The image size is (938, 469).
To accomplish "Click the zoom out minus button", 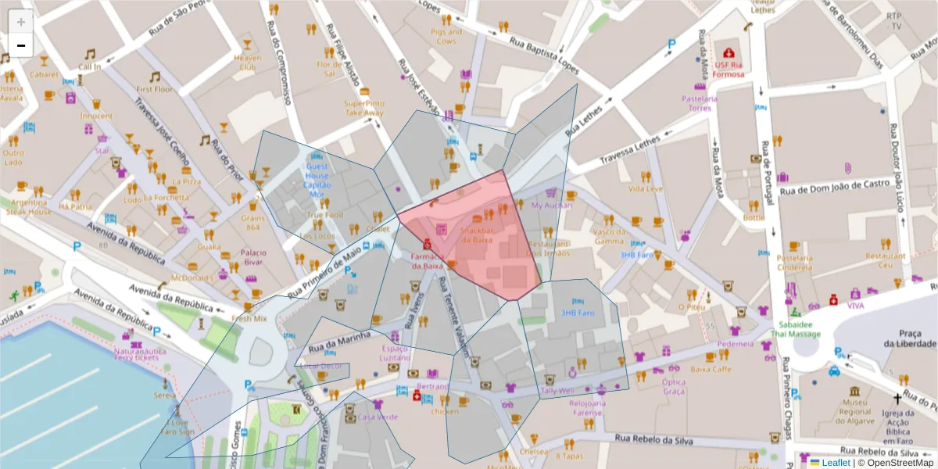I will click(x=21, y=46).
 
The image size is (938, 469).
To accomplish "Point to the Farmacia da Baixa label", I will click(x=428, y=260).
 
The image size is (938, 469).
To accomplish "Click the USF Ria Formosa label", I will click(x=727, y=70).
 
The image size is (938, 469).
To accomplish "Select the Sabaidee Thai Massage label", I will click(x=798, y=329).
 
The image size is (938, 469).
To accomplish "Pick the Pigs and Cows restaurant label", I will click(x=446, y=36).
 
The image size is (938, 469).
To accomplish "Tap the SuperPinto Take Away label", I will click(x=364, y=108).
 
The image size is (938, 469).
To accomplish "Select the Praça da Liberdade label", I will click(x=910, y=338).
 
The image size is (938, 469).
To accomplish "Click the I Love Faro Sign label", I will click(x=177, y=427).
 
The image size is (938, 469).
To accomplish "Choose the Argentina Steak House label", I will click(x=29, y=206).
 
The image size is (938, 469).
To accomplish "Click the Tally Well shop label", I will click(x=557, y=390).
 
